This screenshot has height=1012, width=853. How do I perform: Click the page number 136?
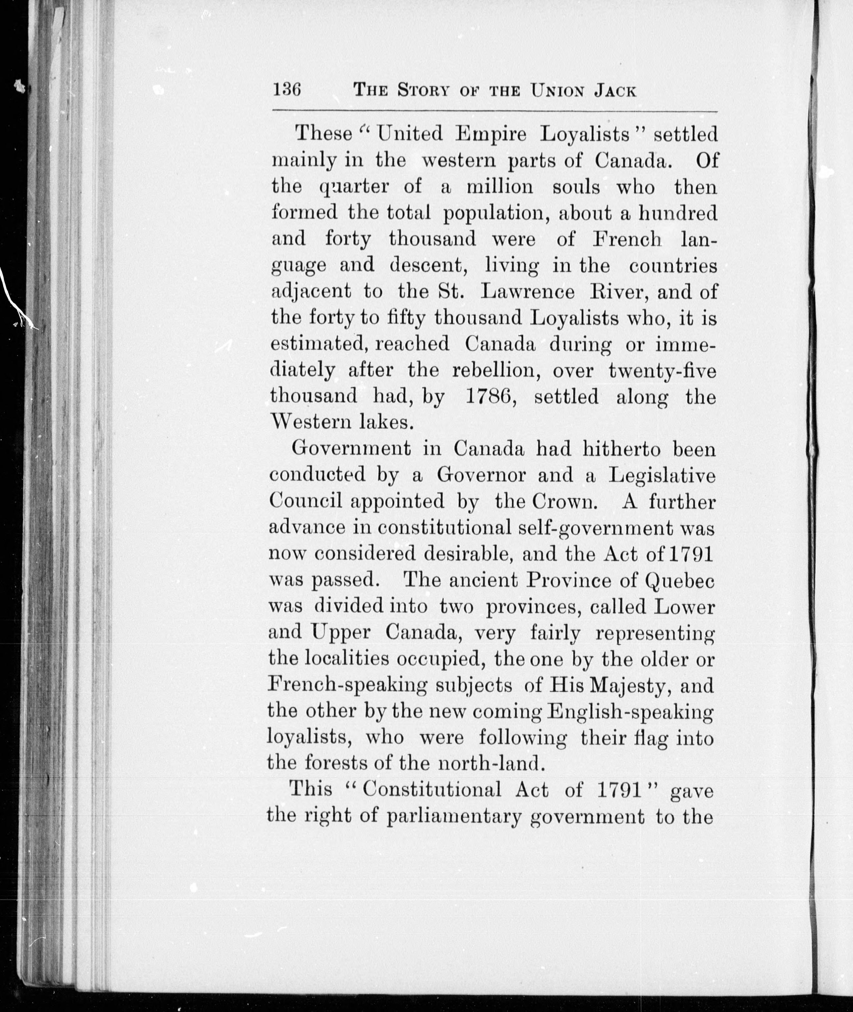pos(287,90)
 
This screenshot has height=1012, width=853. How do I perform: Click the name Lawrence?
pos(528,291)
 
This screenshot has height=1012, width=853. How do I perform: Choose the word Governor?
pos(481,476)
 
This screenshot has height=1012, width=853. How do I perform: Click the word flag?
pos(648,738)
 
